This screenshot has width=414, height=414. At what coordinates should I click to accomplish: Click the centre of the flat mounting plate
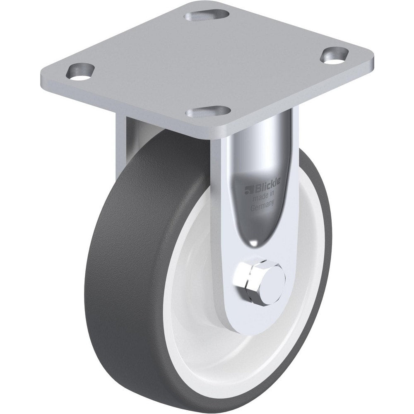click(x=203, y=62)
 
